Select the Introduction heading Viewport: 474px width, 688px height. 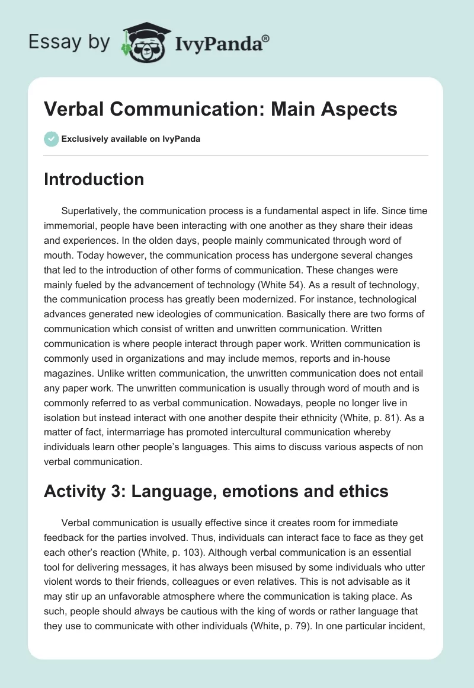pyautogui.click(x=94, y=179)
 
